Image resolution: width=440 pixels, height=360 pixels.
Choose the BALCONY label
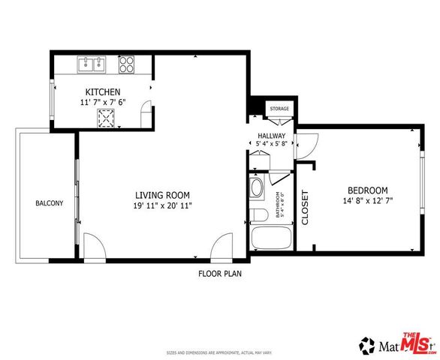coord(48,203)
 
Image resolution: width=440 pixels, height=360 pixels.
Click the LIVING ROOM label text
coord(161,193)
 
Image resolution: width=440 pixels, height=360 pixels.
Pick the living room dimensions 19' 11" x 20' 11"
coord(161,205)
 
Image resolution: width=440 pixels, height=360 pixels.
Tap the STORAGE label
coord(279,109)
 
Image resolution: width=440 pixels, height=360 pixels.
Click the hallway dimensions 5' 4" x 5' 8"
coord(272,144)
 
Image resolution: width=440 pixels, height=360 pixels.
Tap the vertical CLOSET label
coord(305,207)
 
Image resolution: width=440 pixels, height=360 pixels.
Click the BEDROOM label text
coord(367,190)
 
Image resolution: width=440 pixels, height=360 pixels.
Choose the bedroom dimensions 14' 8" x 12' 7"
coord(367,201)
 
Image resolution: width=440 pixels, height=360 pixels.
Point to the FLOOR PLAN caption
coord(219,274)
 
